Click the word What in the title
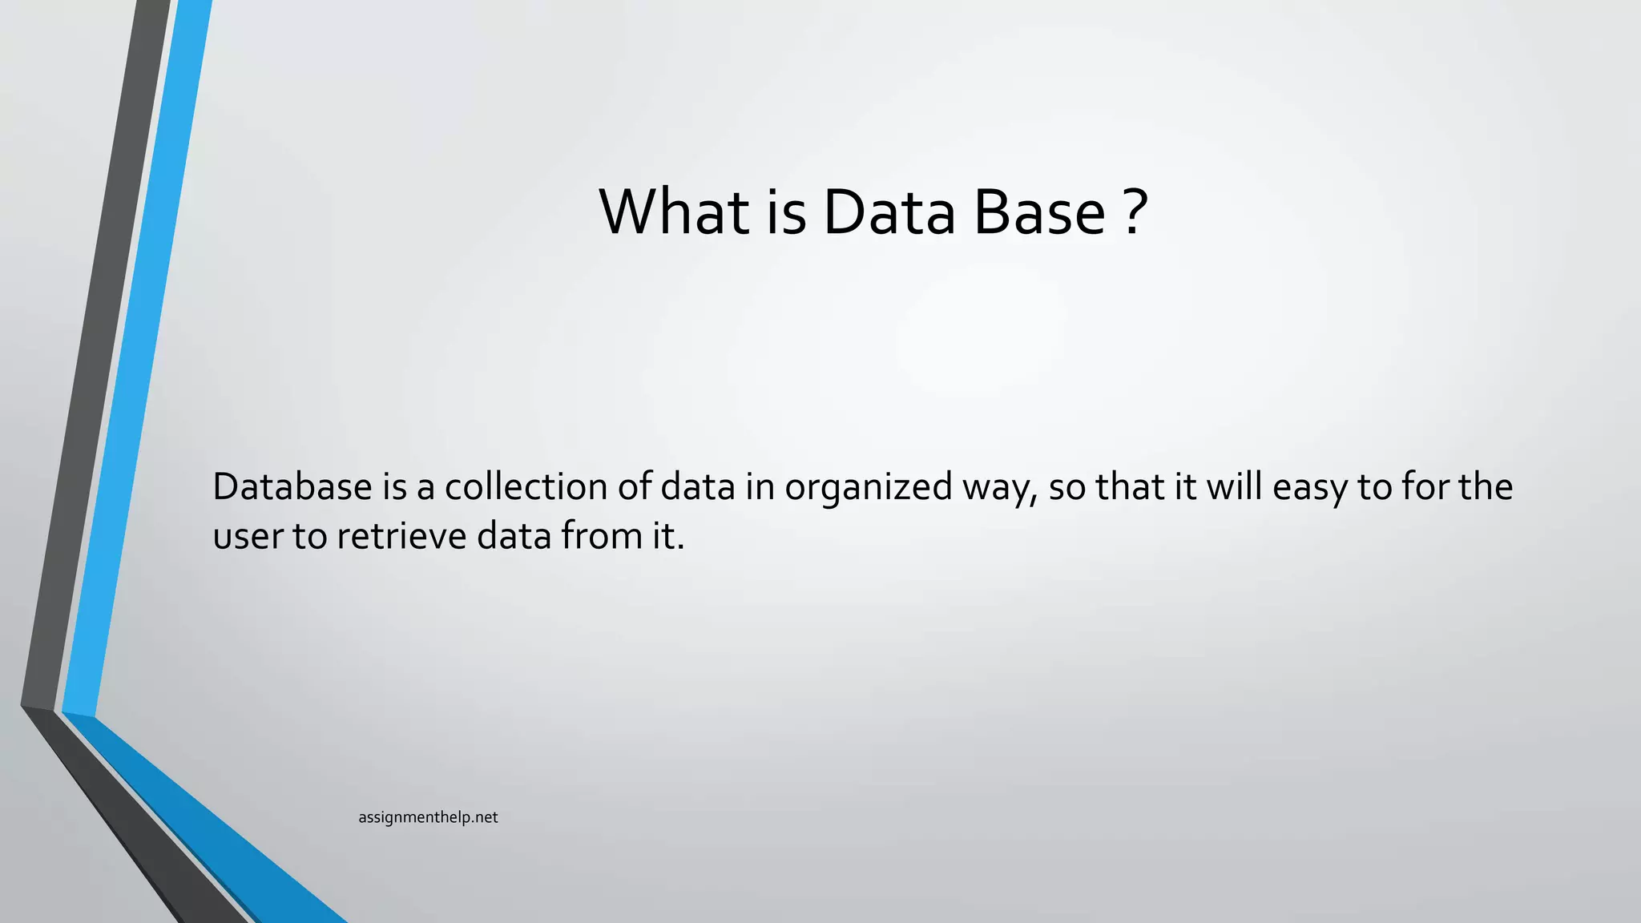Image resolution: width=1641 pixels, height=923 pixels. (x=674, y=212)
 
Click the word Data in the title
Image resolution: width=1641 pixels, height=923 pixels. (x=889, y=212)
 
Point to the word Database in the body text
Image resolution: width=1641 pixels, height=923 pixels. (x=292, y=487)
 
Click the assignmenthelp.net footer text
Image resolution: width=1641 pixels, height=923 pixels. (x=428, y=817)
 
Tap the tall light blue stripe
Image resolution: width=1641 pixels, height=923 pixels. (x=136, y=361)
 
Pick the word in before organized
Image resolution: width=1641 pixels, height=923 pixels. (x=759, y=487)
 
